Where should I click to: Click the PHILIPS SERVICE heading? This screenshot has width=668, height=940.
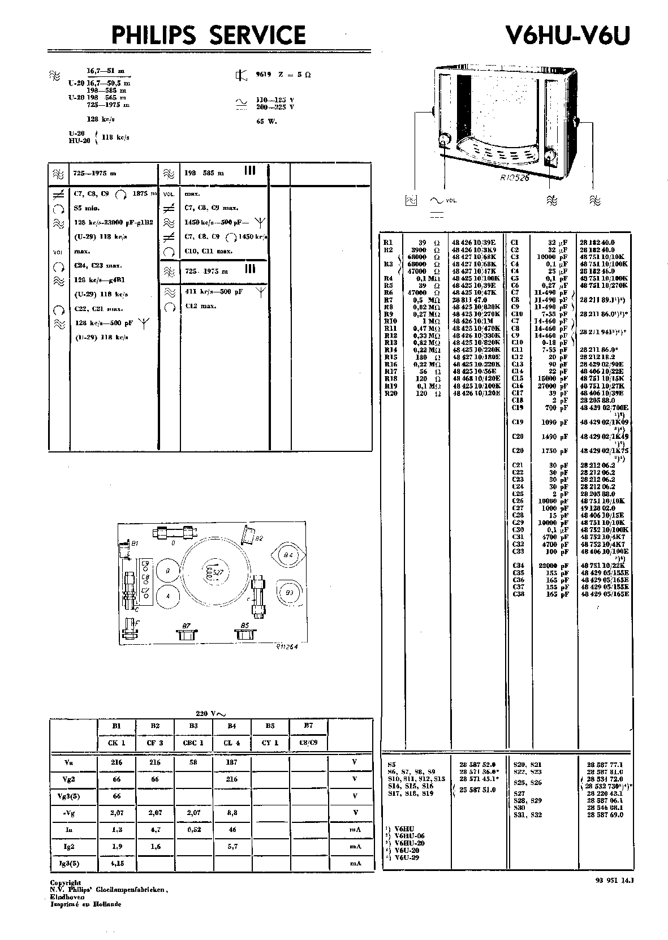[208, 36]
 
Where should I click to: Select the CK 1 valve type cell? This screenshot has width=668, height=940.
[117, 743]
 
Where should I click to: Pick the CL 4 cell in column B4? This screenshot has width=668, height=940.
[231, 743]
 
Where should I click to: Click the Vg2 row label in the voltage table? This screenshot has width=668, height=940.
[69, 779]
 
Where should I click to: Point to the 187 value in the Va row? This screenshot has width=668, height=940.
[231, 762]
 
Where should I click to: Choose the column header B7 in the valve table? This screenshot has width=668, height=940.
[308, 726]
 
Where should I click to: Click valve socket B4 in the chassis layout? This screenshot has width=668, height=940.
[289, 556]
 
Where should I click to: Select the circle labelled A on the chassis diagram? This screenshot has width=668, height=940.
[167, 596]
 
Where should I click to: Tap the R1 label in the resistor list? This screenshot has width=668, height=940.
[388, 243]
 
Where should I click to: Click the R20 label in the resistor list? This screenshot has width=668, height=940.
[390, 393]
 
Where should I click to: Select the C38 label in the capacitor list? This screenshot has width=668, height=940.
[518, 594]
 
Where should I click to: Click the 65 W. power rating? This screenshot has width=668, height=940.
[266, 121]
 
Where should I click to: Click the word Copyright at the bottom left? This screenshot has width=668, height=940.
[66, 882]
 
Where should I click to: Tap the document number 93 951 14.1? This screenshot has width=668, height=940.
[615, 880]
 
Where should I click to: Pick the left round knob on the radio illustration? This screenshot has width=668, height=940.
[444, 139]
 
